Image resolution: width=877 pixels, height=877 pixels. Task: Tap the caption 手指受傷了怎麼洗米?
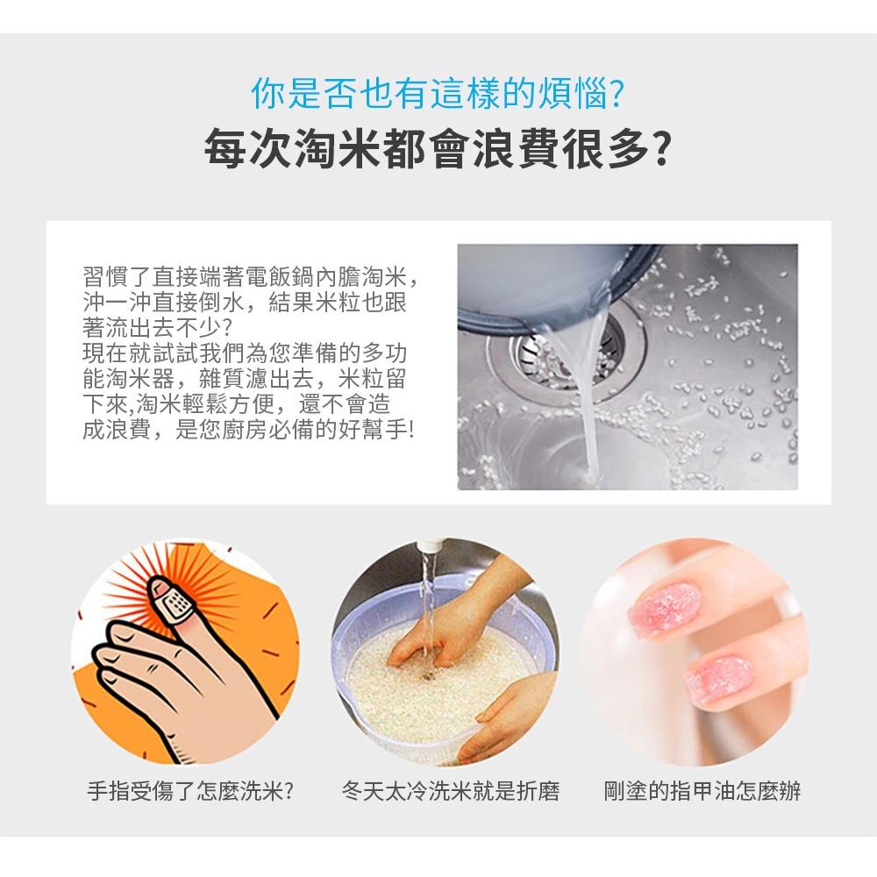coord(189,792)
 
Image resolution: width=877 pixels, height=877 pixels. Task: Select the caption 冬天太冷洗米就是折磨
coord(450,792)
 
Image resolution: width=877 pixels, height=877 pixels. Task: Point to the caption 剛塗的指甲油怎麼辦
coord(702,792)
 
